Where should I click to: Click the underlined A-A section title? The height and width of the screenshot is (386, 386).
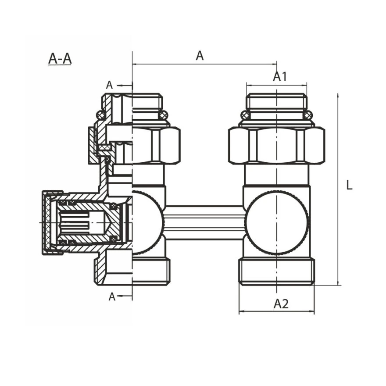[60, 59]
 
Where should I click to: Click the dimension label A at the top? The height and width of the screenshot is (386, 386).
[200, 56]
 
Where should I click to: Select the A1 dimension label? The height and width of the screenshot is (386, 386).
[280, 77]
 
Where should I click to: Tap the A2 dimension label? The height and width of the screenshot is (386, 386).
[281, 304]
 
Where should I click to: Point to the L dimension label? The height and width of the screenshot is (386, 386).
[349, 185]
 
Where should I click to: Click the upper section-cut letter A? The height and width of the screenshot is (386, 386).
[109, 85]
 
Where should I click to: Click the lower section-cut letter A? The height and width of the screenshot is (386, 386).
[112, 297]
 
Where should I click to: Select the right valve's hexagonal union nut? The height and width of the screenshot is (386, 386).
[276, 145]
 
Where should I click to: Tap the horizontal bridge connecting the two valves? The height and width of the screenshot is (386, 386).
[204, 223]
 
